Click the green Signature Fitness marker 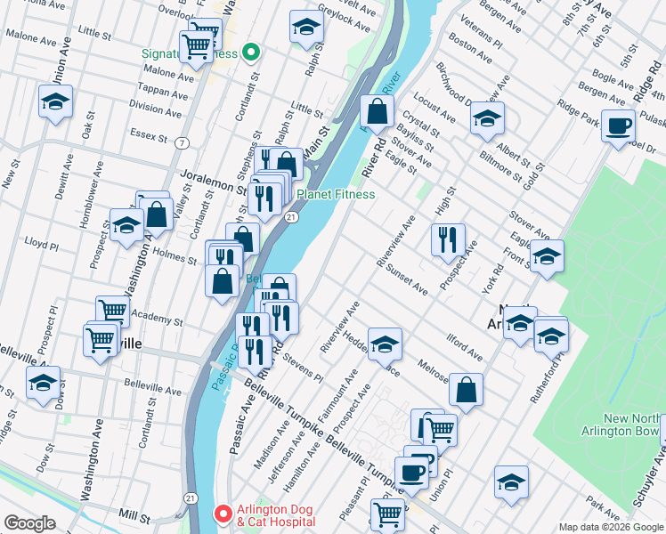[x=251, y=53]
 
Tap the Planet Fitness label [x=335, y=194]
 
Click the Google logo [x=29, y=523]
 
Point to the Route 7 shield [x=182, y=142]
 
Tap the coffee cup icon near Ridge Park [x=618, y=125]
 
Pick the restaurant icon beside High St [x=448, y=239]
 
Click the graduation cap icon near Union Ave [x=55, y=101]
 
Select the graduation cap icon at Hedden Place [x=385, y=344]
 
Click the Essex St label [x=150, y=137]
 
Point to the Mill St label [x=134, y=514]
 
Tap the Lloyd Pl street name [x=41, y=242]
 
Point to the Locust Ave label [x=435, y=111]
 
